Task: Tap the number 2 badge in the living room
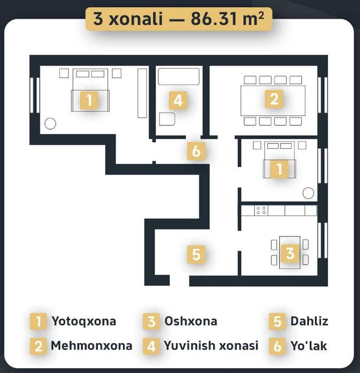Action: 273,99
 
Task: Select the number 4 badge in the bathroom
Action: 178,100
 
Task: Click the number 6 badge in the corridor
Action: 196,151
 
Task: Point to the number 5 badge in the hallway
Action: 196,254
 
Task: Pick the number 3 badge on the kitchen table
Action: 289,253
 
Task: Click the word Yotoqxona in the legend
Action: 83,321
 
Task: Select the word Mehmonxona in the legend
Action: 91,345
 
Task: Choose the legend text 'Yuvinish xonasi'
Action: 211,345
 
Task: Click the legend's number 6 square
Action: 277,346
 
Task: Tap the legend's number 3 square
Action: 152,322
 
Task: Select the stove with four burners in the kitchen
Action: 261,210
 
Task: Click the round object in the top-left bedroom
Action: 50,124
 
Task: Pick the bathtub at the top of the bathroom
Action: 178,76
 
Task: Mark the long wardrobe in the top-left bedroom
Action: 142,92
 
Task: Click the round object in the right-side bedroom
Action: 308,193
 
